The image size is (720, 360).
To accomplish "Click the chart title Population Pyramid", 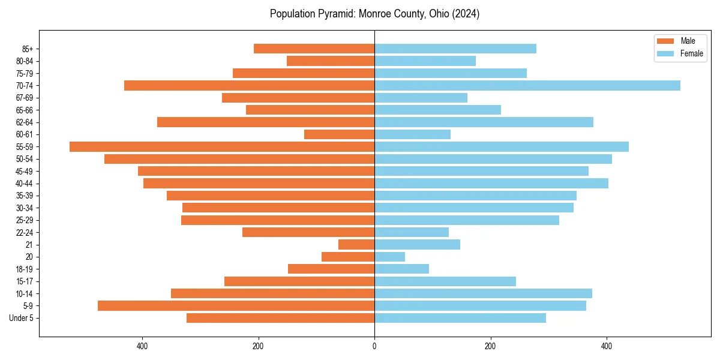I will pos(374,14).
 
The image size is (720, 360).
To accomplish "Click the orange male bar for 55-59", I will pos(222,146).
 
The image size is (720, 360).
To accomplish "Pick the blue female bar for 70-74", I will pos(527,85).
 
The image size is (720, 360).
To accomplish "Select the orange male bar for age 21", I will pos(356,244).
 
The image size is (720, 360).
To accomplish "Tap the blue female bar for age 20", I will pos(389,257).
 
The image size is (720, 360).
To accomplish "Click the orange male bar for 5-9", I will pos(236,305).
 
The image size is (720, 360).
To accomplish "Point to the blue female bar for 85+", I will pos(455,49).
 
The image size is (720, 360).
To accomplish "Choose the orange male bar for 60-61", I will pos(340,134).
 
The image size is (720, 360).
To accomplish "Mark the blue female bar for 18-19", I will pos(401,269).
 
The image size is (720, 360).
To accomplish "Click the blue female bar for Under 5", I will pos(460,318).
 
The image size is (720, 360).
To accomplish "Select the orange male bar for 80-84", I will pos(331,61).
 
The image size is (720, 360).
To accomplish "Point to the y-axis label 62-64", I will pos(25,122).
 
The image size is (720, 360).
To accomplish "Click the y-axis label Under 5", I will pos(22,318).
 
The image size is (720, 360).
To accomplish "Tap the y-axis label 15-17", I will pos(25,281).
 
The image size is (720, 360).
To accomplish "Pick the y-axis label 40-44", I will pos(25,184).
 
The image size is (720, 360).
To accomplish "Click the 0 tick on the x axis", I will pos(374,346).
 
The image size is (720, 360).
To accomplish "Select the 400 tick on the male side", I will pos(143,346).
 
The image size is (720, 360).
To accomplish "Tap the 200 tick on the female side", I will pos(490,346).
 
